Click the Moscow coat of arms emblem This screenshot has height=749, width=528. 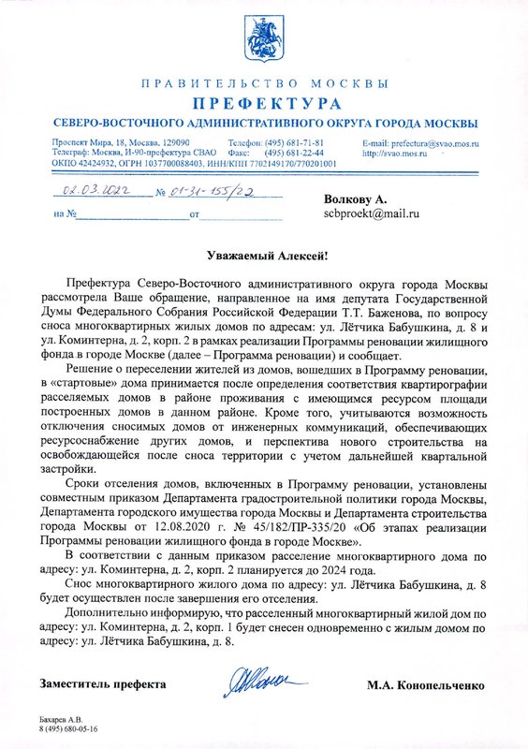(263, 38)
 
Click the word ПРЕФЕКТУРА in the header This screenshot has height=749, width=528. (264, 102)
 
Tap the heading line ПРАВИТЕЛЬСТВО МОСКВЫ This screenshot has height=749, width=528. (264, 84)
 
